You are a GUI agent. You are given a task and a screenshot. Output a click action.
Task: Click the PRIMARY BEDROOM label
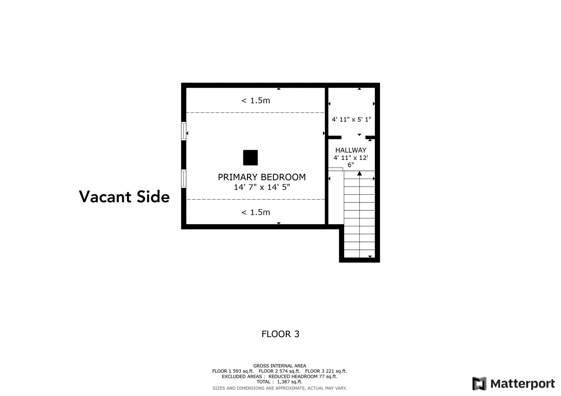pos(262,177)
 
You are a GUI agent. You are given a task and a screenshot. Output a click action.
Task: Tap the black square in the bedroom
pos(250,158)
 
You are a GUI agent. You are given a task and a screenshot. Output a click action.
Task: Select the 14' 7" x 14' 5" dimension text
pos(262,187)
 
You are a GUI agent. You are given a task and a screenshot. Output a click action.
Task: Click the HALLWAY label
pos(351,150)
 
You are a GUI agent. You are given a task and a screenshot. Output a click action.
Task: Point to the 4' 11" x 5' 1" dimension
pos(352,119)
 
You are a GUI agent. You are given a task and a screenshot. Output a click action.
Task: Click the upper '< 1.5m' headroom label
pos(256,101)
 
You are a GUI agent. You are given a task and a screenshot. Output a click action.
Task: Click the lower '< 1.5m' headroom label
pos(256,212)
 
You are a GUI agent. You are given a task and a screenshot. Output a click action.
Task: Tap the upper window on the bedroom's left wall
pos(183,131)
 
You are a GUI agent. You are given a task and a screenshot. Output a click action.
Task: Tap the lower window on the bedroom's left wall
pos(183,179)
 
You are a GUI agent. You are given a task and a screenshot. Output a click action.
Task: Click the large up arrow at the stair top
pos(360,174)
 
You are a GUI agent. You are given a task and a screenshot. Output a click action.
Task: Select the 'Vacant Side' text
pos(124,197)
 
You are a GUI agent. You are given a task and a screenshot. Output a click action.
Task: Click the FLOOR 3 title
pos(280,334)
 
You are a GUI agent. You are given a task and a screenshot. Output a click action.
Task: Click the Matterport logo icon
pos(479,383)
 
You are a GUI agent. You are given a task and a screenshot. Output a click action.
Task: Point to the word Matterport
pos(522,384)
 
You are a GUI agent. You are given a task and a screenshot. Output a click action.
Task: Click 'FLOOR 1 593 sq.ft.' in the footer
pos(233,371)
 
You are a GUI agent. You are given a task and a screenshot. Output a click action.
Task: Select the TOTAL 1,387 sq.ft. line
pos(279,382)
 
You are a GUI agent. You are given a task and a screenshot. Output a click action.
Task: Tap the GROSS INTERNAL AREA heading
pos(280,366)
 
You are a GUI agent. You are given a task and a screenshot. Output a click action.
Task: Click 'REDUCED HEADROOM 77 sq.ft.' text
pos(303,376)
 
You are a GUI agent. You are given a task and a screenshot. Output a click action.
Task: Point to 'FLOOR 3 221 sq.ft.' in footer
pos(326,371)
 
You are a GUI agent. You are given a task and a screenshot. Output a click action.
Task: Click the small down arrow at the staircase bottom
pos(370,257)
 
